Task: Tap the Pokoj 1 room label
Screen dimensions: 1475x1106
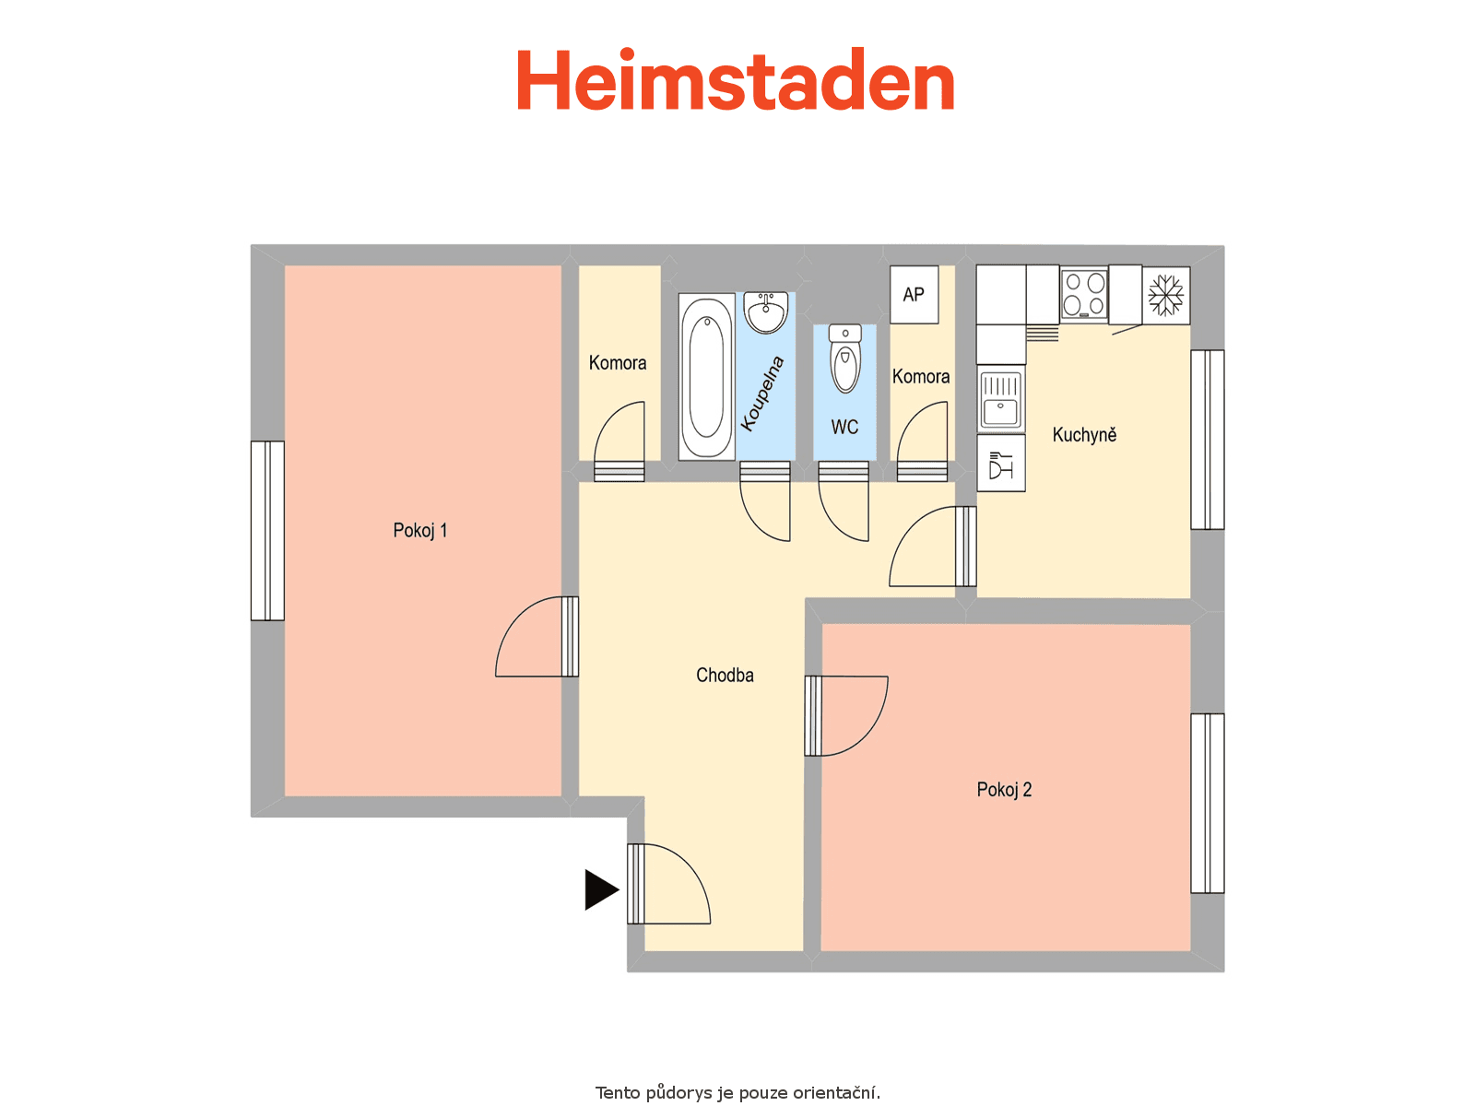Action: [x=420, y=531]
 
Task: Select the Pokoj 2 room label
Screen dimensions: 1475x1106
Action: [x=1004, y=790]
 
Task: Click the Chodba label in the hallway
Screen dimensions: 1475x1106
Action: [x=725, y=675]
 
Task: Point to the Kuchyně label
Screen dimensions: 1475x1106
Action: [x=1084, y=434]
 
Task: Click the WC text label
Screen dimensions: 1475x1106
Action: [x=844, y=427]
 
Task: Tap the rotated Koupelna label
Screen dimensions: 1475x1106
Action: [x=762, y=394]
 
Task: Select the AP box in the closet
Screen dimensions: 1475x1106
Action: [x=914, y=295]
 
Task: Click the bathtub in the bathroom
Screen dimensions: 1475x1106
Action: [x=706, y=376]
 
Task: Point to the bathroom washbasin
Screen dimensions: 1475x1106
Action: [x=765, y=312]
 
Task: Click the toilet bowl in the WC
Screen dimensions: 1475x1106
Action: [x=844, y=359]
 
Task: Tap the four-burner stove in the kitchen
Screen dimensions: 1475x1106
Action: [x=1084, y=293]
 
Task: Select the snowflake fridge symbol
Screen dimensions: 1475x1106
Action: [x=1166, y=296]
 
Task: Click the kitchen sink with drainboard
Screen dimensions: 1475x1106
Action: [x=1000, y=400]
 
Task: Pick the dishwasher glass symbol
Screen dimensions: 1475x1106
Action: [x=1000, y=464]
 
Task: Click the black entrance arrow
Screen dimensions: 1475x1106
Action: [x=601, y=890]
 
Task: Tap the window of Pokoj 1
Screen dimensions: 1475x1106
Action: [x=267, y=531]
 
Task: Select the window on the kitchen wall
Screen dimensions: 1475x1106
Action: [x=1208, y=440]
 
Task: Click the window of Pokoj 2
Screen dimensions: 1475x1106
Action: [x=1208, y=803]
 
